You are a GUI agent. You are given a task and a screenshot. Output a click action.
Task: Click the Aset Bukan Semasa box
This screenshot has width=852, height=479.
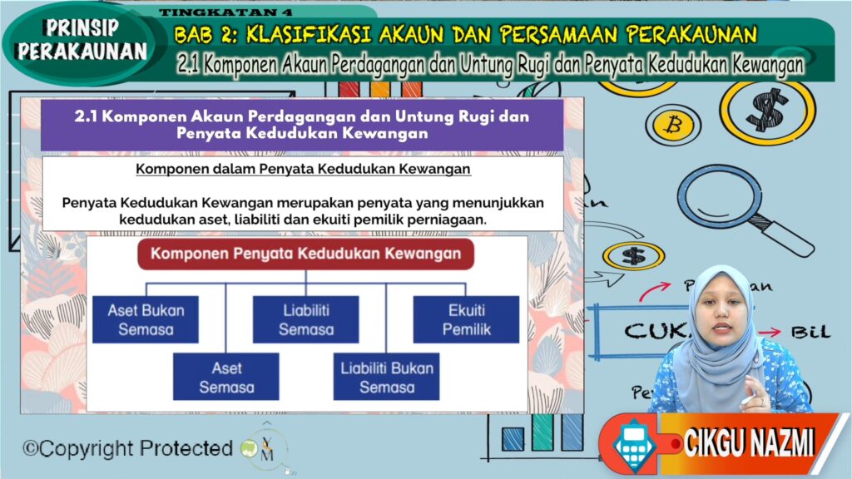146,319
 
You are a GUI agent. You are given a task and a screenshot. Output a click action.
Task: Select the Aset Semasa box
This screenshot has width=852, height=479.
225,377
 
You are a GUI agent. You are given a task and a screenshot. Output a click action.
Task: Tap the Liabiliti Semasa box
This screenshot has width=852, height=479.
305,319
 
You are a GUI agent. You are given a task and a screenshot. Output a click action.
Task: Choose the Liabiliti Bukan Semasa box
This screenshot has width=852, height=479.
386,377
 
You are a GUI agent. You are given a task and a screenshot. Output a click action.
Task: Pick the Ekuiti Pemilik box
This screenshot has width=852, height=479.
466,319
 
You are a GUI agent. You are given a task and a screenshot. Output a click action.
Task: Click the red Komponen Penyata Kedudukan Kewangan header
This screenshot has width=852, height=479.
305,254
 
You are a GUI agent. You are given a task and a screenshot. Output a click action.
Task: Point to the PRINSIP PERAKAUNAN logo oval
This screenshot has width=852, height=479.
81,40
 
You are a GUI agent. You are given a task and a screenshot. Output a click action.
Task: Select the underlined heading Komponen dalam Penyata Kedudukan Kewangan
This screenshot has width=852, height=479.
303,170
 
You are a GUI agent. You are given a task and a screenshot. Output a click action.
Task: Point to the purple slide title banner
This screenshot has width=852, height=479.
301,125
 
